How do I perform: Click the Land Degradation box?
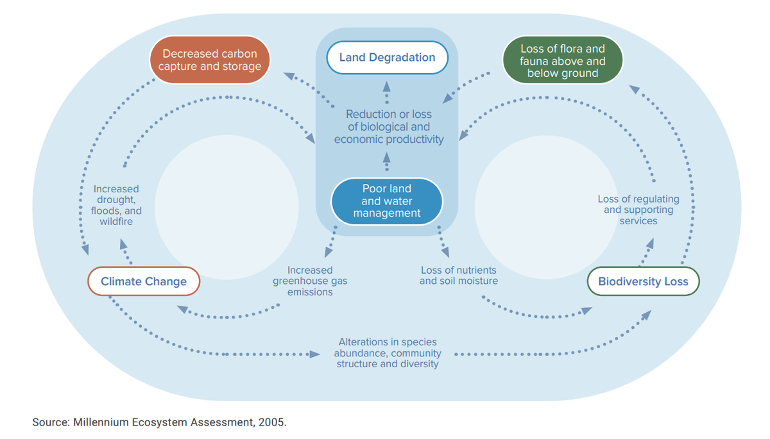tap(387, 58)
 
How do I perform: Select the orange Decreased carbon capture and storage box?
tap(210, 60)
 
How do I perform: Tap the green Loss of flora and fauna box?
tap(562, 61)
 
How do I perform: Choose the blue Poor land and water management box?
tap(386, 201)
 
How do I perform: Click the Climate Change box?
tap(143, 281)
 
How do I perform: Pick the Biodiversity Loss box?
tap(643, 281)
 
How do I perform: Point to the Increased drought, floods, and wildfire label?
tap(116, 205)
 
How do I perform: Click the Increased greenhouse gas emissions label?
tap(310, 281)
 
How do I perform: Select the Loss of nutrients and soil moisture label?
tap(458, 276)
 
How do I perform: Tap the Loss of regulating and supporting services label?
tap(638, 210)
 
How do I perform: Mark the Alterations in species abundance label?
tap(388, 353)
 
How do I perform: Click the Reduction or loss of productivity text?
tap(389, 127)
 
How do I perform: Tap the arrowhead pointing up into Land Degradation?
tap(387, 86)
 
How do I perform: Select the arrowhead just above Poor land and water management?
tap(387, 156)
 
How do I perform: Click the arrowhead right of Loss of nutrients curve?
tap(586, 311)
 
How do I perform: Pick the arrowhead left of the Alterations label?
tap(314, 354)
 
